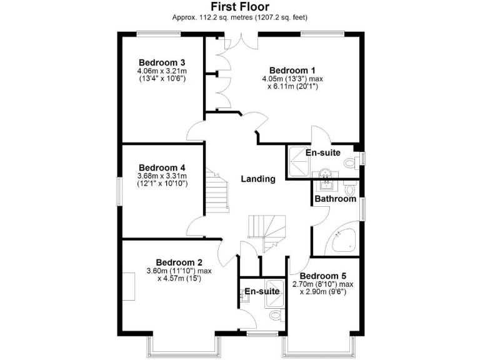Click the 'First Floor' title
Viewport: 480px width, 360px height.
coord(240,7)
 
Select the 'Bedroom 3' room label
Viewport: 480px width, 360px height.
coord(161,62)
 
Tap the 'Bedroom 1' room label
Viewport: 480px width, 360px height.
coord(292,70)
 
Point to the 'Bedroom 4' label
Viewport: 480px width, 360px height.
coord(161,167)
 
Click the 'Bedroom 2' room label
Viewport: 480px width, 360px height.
coord(179,262)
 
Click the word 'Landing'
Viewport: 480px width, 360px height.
coord(258,179)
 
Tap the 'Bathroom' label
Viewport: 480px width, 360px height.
coord(335,199)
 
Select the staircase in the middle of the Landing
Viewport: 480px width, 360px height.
coord(267,232)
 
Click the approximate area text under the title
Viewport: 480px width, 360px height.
coord(240,17)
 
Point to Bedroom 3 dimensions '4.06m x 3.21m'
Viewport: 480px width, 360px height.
coord(162,72)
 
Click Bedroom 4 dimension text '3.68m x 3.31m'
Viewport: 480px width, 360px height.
coord(162,176)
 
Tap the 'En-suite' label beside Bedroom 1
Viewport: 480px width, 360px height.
coord(322,152)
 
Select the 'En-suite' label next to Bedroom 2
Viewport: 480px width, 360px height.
coord(261,291)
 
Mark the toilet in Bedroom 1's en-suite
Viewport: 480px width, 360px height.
coord(349,163)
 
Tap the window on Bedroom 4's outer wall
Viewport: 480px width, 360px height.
coord(121,191)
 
